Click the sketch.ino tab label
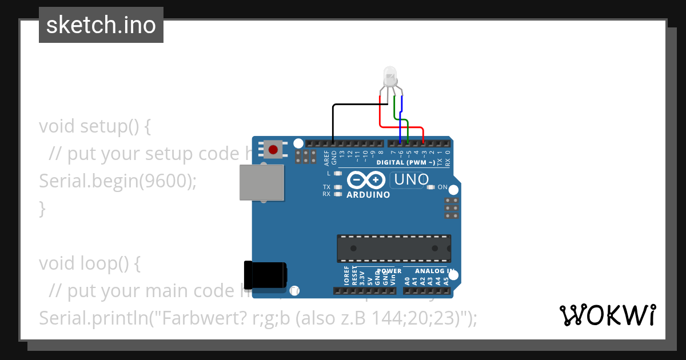click(101, 25)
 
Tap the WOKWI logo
click(607, 315)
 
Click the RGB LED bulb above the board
click(390, 77)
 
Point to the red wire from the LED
click(381, 114)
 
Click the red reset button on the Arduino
click(273, 150)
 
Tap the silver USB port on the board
click(261, 182)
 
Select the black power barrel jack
click(264, 275)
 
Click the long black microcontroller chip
click(393, 248)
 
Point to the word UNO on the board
click(412, 179)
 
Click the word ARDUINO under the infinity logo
click(369, 195)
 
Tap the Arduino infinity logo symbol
click(366, 181)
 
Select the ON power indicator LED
click(430, 187)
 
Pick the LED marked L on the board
click(338, 173)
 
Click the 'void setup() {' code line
click(95, 126)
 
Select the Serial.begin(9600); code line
click(118, 181)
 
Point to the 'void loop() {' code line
click(89, 263)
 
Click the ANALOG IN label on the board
click(434, 271)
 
